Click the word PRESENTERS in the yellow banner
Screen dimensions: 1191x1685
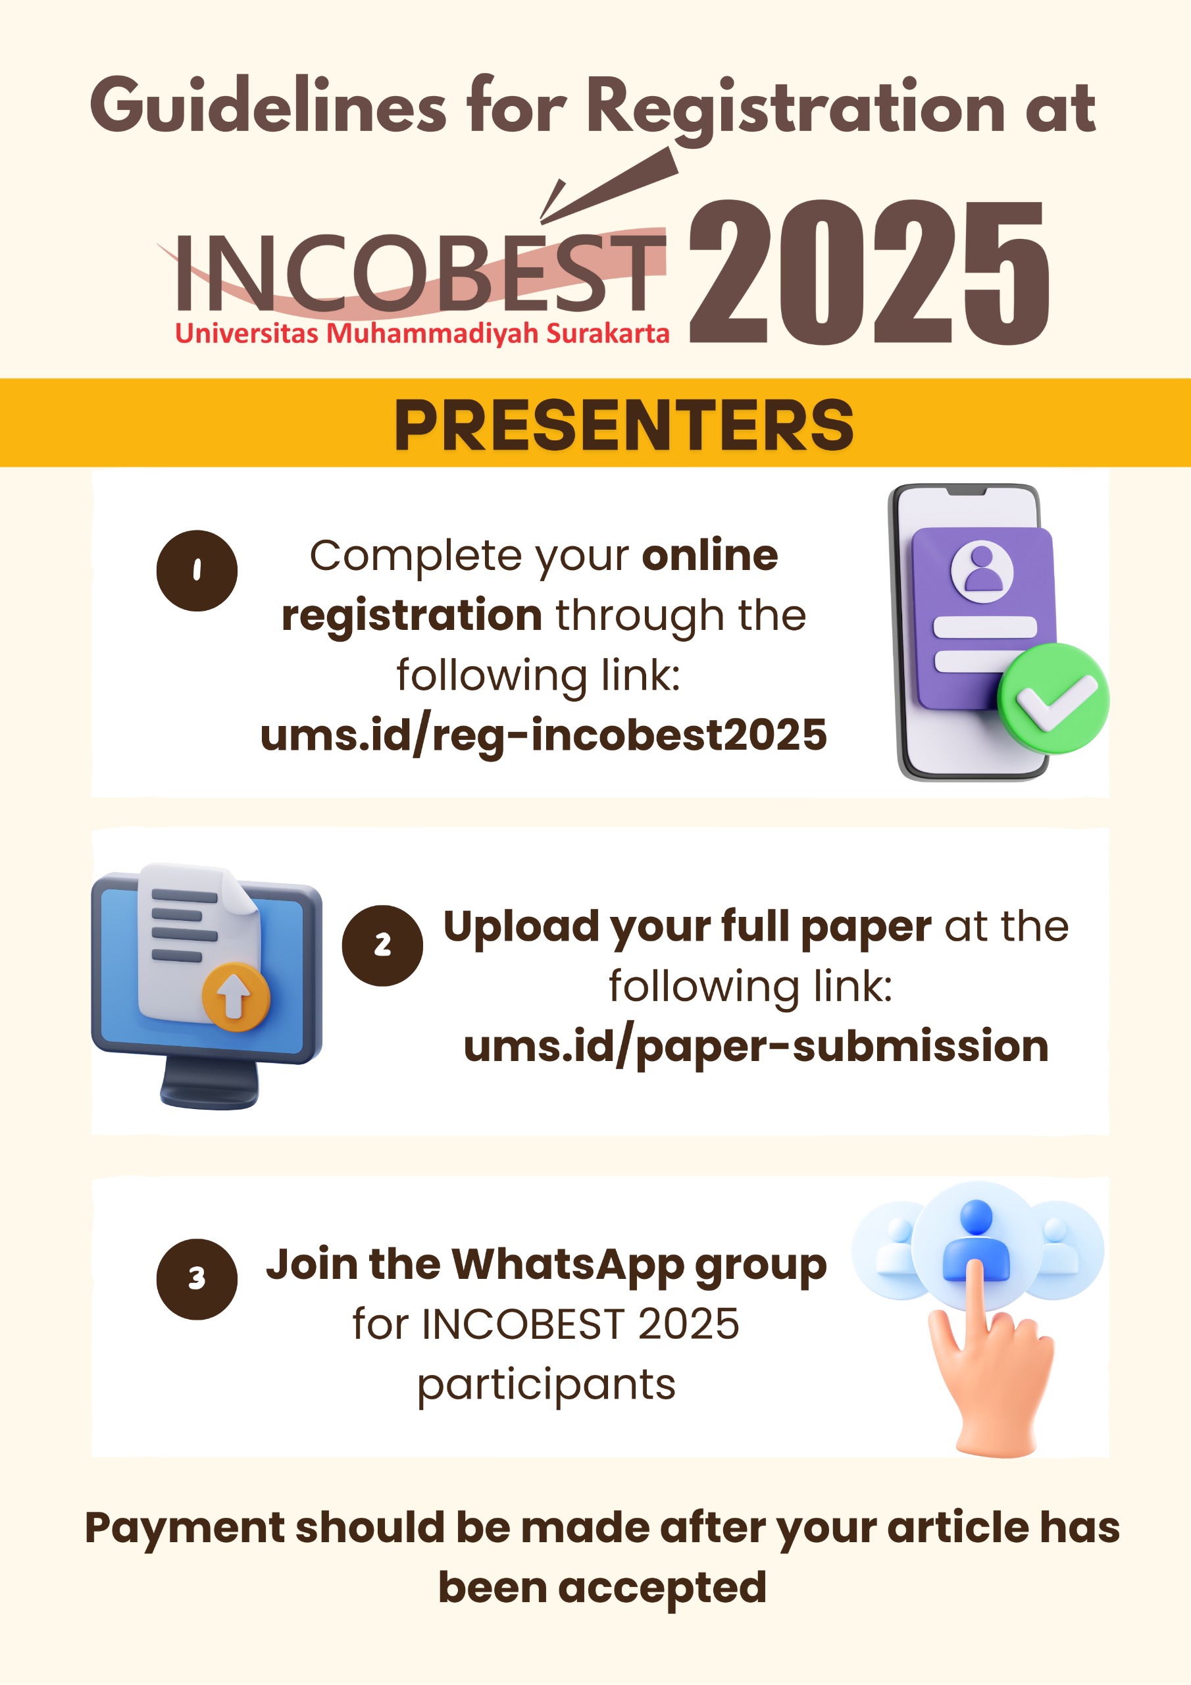point(624,425)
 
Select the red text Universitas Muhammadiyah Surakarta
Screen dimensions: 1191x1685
point(422,333)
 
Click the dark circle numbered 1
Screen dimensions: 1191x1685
point(197,570)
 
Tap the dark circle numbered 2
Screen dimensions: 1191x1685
point(382,945)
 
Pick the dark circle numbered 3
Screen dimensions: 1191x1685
point(197,1279)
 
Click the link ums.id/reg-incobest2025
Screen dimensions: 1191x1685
point(543,735)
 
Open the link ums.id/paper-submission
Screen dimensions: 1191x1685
point(756,1047)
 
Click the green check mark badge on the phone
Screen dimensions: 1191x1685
point(1053,698)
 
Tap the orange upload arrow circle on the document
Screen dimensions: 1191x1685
point(236,997)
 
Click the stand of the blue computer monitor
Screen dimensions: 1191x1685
point(210,1083)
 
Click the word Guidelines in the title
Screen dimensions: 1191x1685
point(268,107)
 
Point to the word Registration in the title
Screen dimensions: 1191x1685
point(796,109)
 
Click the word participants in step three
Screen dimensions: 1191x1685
point(546,1385)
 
